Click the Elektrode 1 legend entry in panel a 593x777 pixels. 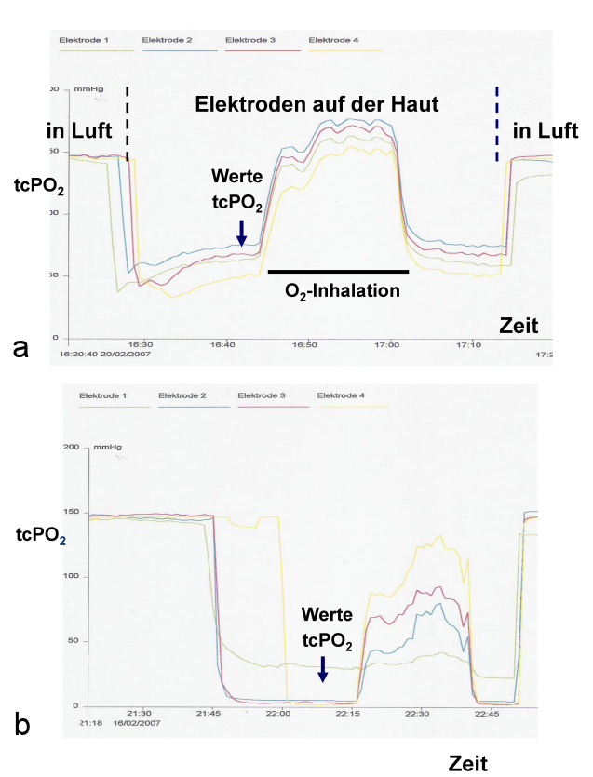[x=84, y=41]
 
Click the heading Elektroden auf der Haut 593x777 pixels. [x=317, y=104]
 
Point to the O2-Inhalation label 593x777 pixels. [x=343, y=290]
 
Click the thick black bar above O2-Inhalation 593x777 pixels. [x=338, y=271]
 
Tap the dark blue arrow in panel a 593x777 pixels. [x=241, y=233]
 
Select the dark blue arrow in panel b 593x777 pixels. [x=323, y=667]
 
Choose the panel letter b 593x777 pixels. [x=23, y=722]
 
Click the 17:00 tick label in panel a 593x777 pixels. [x=385, y=342]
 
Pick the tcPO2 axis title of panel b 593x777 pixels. [x=39, y=535]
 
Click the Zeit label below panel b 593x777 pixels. [x=468, y=764]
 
